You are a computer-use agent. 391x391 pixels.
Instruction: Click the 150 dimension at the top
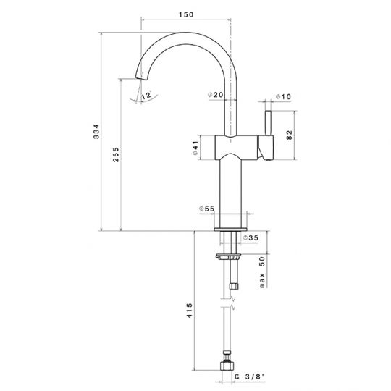tap(186, 14)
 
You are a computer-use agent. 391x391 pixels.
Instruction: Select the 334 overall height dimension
tap(96, 131)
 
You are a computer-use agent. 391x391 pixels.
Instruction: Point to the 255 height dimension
tap(116, 155)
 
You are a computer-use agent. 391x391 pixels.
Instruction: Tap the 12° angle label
tap(146, 96)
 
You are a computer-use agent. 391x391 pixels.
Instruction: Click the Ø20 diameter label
tap(216, 95)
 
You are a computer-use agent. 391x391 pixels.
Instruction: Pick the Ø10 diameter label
tap(283, 96)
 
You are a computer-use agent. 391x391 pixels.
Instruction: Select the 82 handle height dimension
tap(289, 135)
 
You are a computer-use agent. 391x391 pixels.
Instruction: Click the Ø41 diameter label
tap(195, 148)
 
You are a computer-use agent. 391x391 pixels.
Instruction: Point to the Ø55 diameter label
tap(206, 209)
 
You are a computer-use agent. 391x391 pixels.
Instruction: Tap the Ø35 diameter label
tap(251, 238)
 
